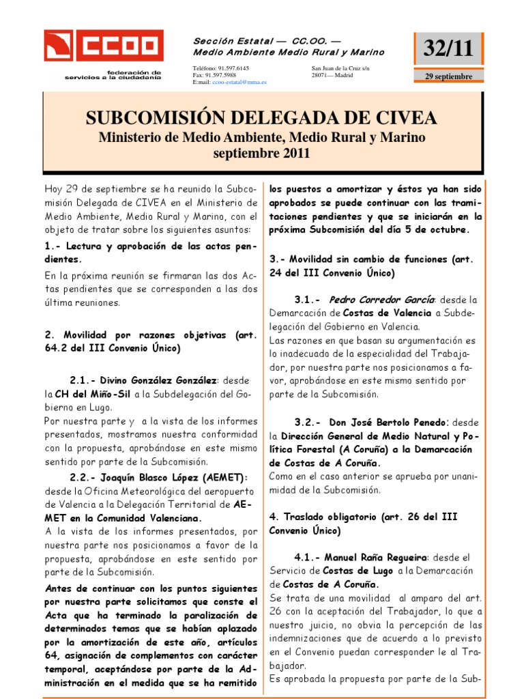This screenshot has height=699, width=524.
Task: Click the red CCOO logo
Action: [104, 46]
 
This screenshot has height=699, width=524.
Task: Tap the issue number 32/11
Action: [448, 48]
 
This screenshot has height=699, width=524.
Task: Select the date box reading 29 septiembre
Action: [448, 76]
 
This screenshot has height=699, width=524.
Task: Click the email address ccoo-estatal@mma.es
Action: [239, 82]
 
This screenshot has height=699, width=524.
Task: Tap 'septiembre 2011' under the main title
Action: [261, 153]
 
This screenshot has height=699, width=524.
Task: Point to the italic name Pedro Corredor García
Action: [381, 299]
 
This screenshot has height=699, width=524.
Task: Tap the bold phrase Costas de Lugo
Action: [354, 571]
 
